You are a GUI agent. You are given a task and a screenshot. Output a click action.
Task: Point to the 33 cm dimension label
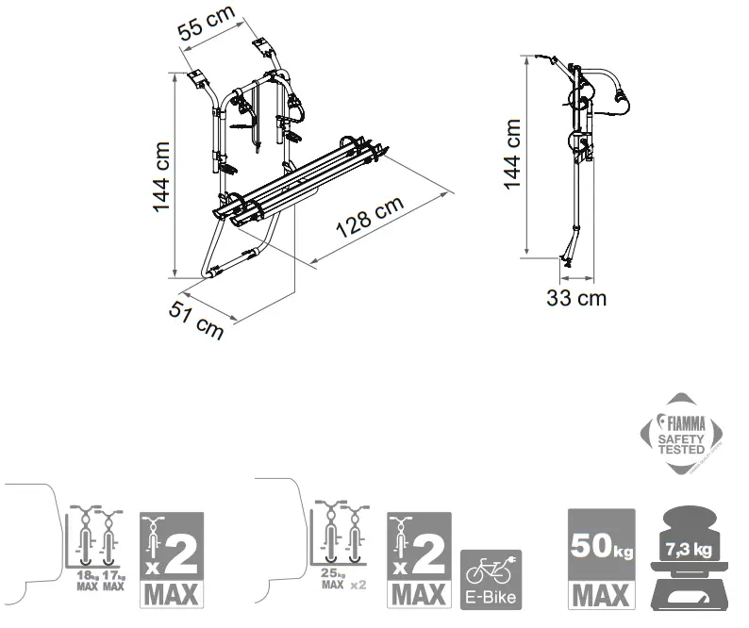(576, 299)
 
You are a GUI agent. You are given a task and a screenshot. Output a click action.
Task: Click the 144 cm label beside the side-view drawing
(511, 155)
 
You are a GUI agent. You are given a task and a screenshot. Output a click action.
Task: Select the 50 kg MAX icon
(597, 559)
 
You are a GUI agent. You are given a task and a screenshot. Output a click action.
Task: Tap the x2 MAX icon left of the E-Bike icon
(419, 559)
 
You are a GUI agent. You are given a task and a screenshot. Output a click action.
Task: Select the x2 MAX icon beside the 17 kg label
(171, 559)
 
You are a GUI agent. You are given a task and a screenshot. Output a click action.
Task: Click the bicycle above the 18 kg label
(86, 537)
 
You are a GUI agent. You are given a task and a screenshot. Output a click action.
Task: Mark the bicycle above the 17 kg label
(112, 537)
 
